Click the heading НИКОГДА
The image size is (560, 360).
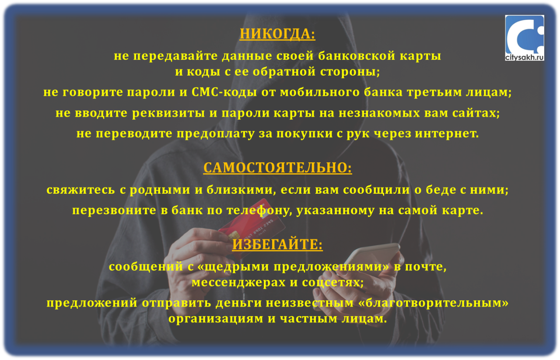(x=277, y=34)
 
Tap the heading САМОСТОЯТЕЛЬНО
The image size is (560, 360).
(x=277, y=168)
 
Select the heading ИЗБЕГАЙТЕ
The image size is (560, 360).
(x=277, y=244)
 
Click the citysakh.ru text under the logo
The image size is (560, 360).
(x=525, y=57)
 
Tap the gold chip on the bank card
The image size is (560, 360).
(x=233, y=236)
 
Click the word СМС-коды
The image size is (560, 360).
(x=224, y=92)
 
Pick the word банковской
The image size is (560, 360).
(x=357, y=56)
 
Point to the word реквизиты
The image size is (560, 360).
(x=168, y=113)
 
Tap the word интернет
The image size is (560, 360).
(x=447, y=133)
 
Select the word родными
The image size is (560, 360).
(x=160, y=190)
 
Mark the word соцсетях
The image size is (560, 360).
(x=333, y=283)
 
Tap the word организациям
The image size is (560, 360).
(x=216, y=319)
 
